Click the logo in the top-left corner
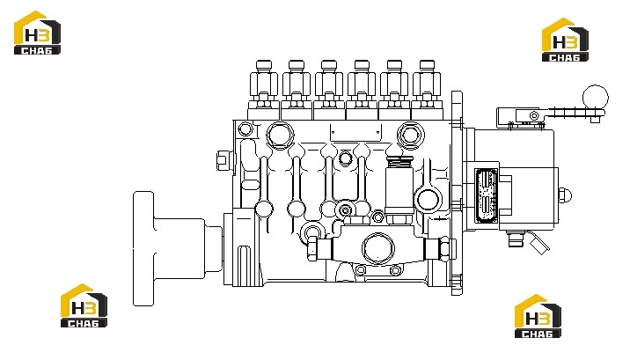[x=37, y=33]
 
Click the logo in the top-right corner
[x=565, y=40]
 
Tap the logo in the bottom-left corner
[x=84, y=305]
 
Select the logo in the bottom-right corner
[x=538, y=316]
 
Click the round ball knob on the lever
[x=596, y=98]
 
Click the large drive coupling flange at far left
[x=143, y=249]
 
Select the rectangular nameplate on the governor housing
[x=487, y=195]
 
